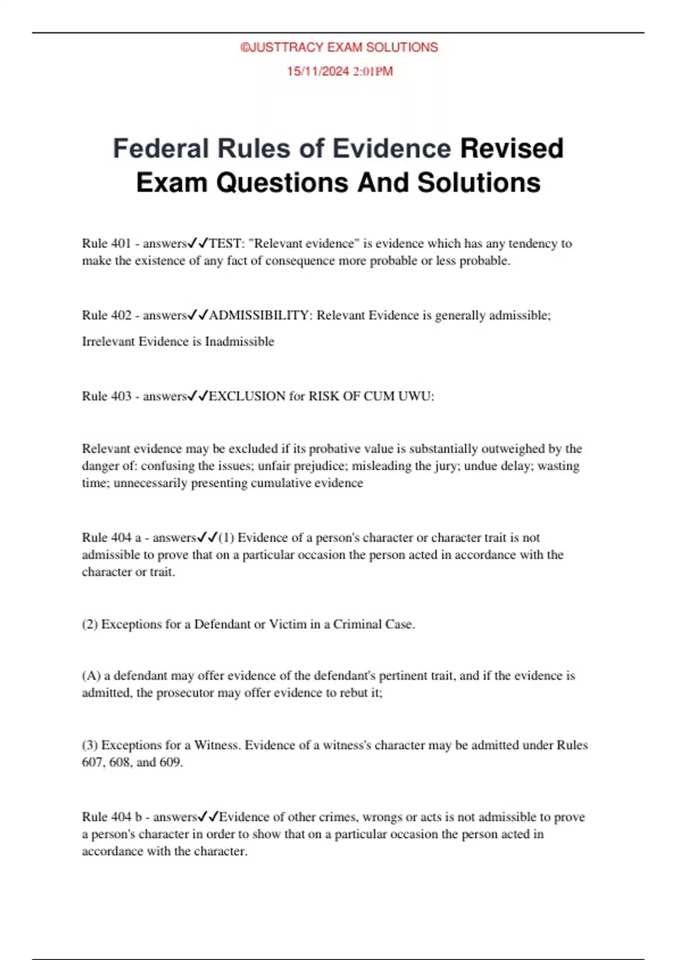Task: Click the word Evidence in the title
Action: (x=391, y=149)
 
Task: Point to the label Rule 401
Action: (x=106, y=243)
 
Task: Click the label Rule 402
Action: (x=106, y=315)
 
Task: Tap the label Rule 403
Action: (x=106, y=396)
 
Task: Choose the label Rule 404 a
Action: (x=111, y=538)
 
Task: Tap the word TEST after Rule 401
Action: (x=224, y=243)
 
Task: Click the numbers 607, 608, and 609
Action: (x=132, y=762)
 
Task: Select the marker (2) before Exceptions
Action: (x=90, y=625)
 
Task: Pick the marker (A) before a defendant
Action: (x=91, y=676)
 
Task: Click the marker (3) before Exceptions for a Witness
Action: (x=90, y=745)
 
